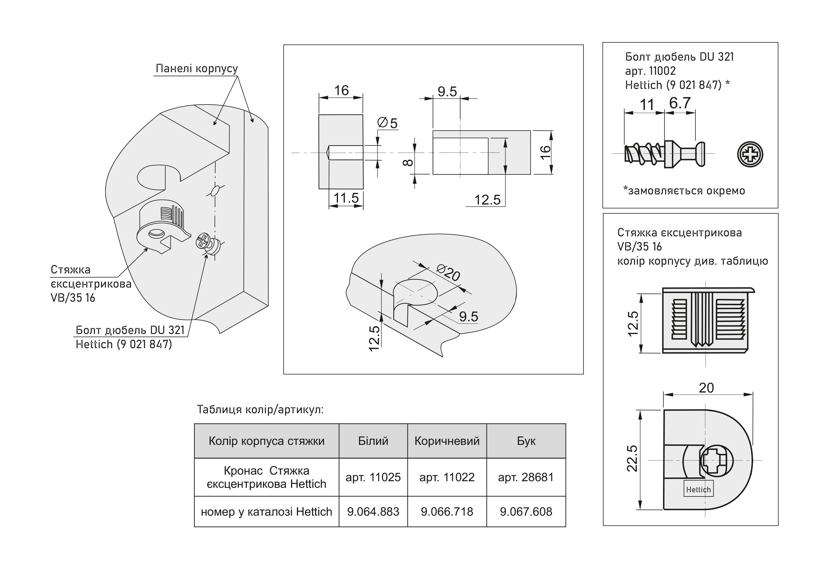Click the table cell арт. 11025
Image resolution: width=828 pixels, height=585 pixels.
(373, 477)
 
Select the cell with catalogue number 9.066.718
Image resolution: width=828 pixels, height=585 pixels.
(447, 511)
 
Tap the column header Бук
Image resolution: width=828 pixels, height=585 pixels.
(526, 441)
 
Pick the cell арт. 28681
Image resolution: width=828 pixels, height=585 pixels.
(526, 477)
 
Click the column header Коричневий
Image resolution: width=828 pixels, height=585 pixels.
(447, 441)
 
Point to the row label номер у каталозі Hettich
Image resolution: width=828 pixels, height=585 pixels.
(266, 511)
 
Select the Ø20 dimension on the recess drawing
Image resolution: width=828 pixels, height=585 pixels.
(448, 273)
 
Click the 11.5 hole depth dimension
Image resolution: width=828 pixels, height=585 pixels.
(346, 198)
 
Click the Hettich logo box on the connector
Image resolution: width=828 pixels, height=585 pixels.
(698, 489)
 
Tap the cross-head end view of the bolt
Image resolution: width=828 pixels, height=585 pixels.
(750, 154)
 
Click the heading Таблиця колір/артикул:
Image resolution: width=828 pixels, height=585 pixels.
(260, 410)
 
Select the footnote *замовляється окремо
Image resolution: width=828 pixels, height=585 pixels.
(684, 190)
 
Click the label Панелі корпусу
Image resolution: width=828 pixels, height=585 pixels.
(197, 68)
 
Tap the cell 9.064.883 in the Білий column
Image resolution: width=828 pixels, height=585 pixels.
(373, 511)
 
